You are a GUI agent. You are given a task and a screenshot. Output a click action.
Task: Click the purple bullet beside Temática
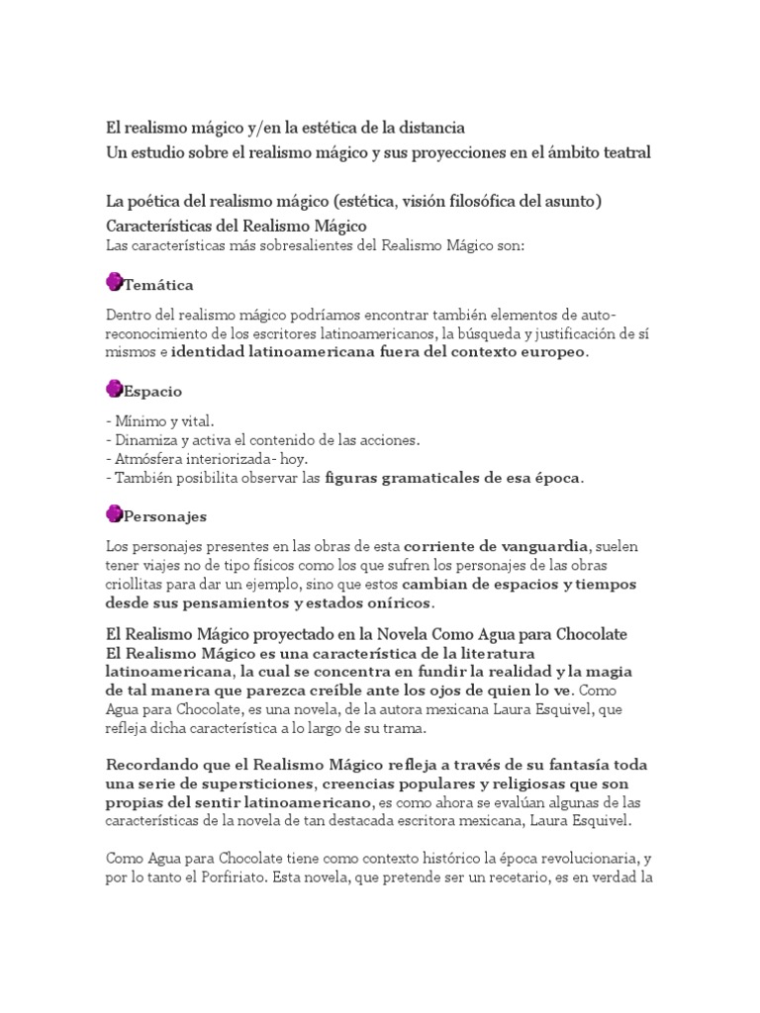click(x=114, y=283)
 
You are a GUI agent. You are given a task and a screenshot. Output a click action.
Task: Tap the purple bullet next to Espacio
click(x=114, y=389)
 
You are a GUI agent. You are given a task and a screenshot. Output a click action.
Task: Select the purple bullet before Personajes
click(x=114, y=513)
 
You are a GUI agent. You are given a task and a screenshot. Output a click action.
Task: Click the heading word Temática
click(x=158, y=285)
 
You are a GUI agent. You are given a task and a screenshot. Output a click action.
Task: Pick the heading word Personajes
click(x=165, y=516)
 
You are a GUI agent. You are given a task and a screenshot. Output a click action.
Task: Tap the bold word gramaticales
click(x=425, y=478)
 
